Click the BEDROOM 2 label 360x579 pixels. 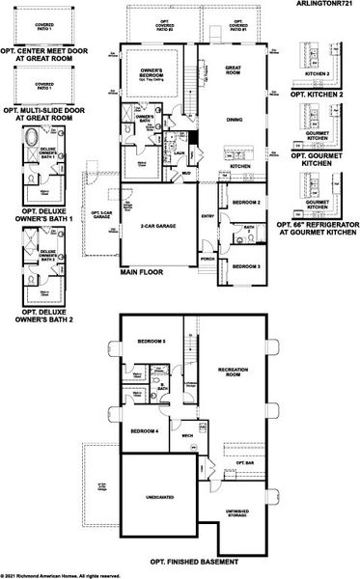247,203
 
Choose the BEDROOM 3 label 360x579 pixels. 246,265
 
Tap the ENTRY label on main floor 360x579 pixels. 206,216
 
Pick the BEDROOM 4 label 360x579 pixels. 144,430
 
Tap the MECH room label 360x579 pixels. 188,435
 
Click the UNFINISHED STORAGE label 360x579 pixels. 237,512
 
